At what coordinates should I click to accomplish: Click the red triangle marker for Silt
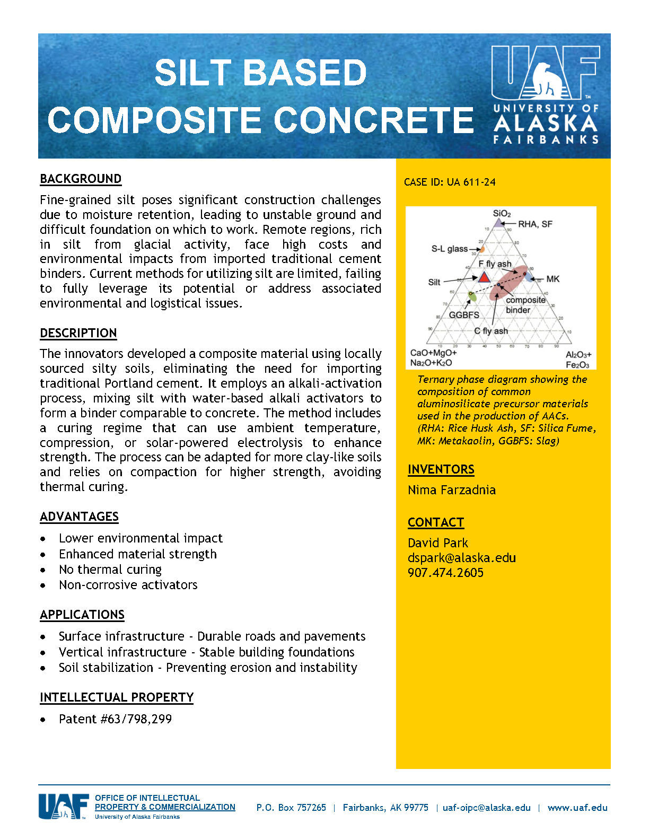point(484,277)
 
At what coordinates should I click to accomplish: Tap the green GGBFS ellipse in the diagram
point(472,296)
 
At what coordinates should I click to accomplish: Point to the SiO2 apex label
point(502,213)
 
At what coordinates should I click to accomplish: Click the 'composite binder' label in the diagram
point(525,305)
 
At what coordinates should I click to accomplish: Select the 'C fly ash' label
point(491,331)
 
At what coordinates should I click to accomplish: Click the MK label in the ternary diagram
point(552,279)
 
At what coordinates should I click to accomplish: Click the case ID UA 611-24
point(450,182)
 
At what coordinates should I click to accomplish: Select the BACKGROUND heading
point(81,179)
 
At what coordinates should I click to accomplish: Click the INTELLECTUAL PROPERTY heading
point(117,697)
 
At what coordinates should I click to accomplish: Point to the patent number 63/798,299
point(115,719)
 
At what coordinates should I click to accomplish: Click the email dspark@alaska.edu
point(461,558)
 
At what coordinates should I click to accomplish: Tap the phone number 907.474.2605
point(445,573)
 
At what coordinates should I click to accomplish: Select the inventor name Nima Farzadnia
point(452,490)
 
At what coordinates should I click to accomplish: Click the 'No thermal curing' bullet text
point(110,570)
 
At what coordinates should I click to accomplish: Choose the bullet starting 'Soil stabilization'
point(208,668)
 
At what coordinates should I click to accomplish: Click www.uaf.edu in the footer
point(577,808)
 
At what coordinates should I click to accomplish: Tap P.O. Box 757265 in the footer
point(291,808)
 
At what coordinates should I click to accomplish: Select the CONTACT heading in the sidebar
point(436,522)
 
